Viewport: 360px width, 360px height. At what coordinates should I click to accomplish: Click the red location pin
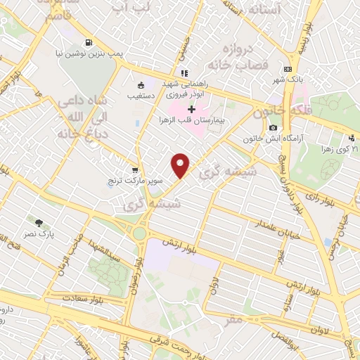pyautogui.click(x=181, y=165)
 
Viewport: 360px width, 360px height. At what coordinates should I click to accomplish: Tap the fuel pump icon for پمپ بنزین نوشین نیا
pyautogui.click(x=87, y=41)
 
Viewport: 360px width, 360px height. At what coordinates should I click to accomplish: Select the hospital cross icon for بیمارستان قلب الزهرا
pyautogui.click(x=191, y=108)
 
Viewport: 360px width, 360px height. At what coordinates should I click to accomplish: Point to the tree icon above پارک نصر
pyautogui.click(x=48, y=222)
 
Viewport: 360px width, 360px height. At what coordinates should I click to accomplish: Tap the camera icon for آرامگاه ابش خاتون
pyautogui.click(x=273, y=127)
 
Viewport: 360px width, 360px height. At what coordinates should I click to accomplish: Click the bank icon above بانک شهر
pyautogui.click(x=287, y=69)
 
